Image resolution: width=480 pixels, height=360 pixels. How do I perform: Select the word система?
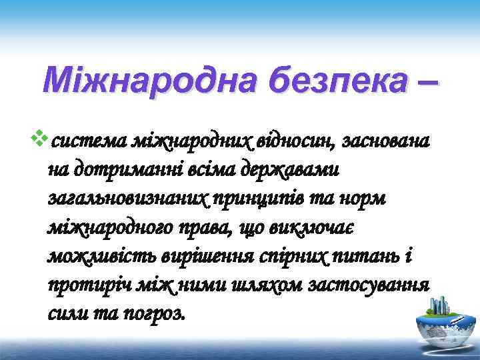(89, 141)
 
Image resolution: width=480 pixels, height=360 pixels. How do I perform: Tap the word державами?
(295, 170)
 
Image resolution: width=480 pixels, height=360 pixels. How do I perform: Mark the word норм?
(373, 199)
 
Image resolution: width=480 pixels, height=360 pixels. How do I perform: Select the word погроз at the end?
(158, 315)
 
